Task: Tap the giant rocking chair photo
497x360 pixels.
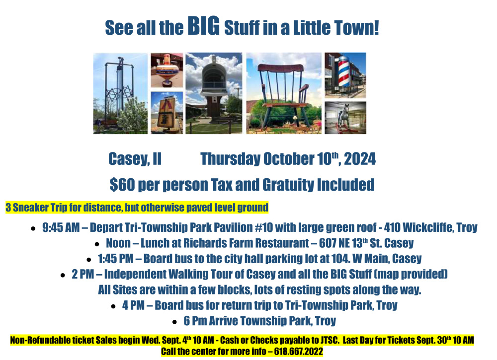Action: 284,93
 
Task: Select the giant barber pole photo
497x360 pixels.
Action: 345,75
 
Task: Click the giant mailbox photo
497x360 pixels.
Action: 214,93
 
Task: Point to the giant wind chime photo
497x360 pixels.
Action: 120,93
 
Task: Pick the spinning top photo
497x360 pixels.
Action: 166,70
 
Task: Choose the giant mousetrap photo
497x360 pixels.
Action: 166,113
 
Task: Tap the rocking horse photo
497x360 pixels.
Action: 345,118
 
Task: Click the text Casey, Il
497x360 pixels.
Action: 135,159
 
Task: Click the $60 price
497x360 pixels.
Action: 122,185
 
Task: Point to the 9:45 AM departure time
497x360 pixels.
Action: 61,227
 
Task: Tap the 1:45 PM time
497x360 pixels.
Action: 116,259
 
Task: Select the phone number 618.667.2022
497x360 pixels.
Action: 299,351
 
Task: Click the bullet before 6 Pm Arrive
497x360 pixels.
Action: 174,322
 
